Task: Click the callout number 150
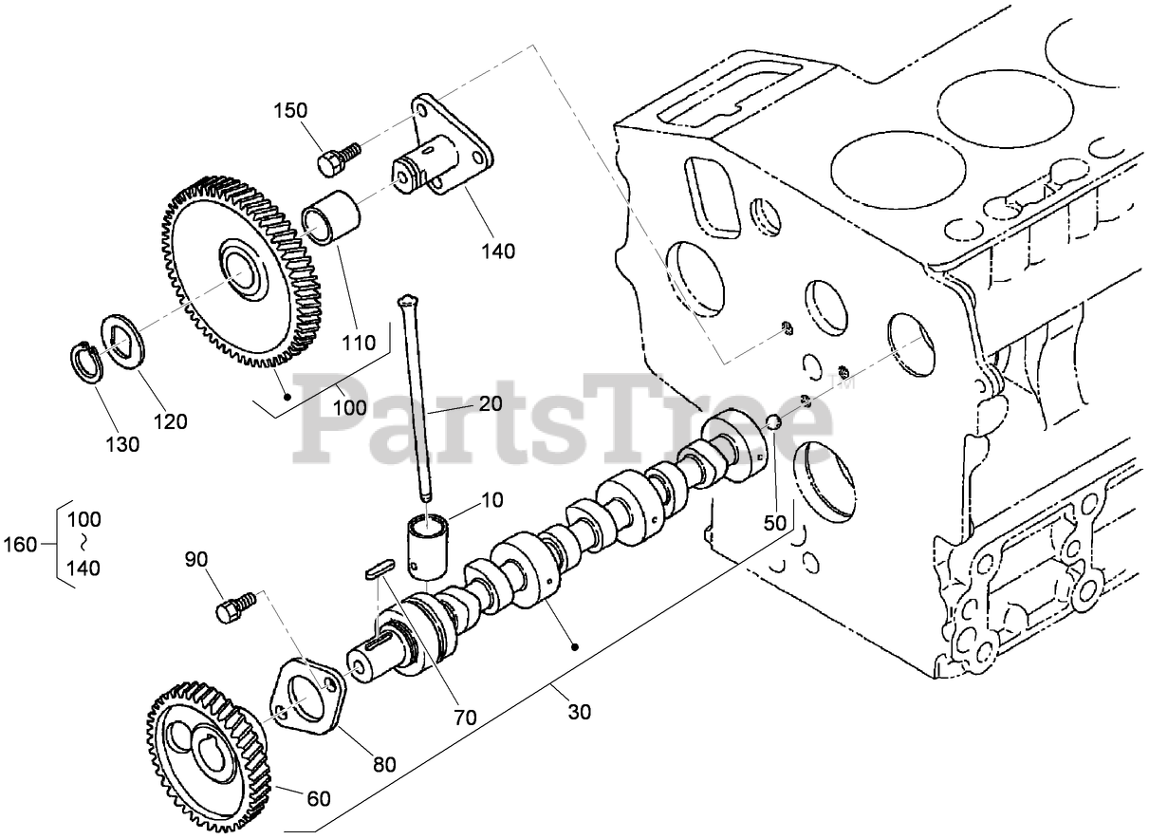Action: click(291, 111)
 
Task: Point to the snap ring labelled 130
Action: click(90, 363)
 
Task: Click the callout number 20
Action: click(490, 403)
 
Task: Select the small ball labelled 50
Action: click(773, 423)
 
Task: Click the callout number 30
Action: click(581, 711)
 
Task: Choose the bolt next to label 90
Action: click(236, 605)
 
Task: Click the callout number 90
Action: click(195, 559)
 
